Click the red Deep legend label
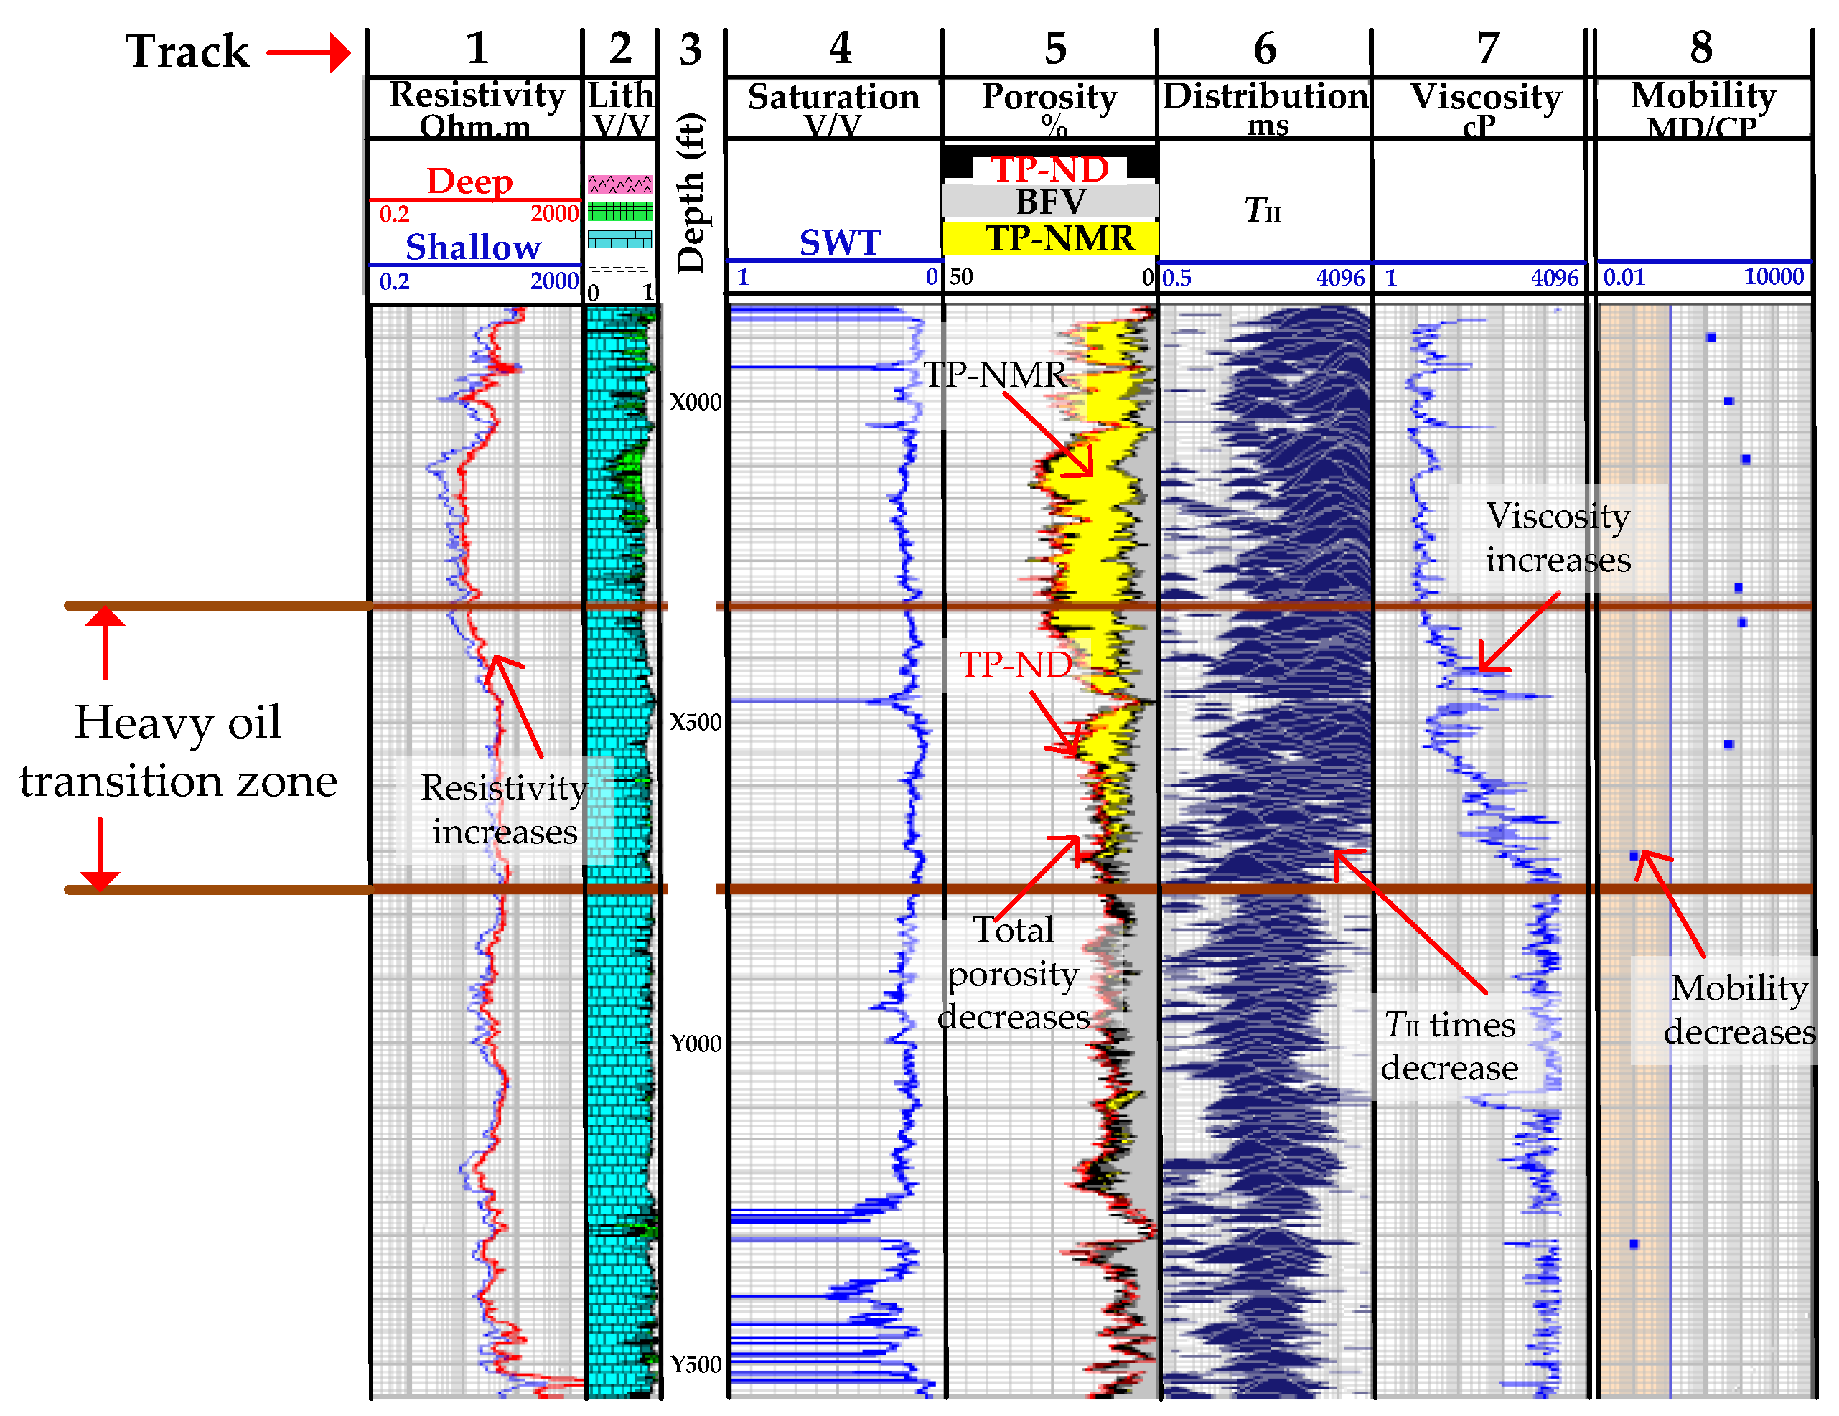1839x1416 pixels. (469, 181)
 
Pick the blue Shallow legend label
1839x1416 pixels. (472, 248)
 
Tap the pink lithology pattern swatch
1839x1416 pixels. (619, 184)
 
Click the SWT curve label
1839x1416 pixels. (840, 243)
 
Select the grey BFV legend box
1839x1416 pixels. (1050, 203)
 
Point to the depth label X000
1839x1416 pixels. (696, 403)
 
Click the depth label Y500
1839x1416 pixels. (696, 1364)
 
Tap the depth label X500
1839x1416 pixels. (696, 722)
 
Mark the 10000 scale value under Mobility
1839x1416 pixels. (1773, 277)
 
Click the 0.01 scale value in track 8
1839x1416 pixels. (1624, 277)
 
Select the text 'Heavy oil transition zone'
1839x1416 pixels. (178, 751)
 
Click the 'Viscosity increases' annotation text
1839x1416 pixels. (1558, 537)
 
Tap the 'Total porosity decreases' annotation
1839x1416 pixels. (1014, 973)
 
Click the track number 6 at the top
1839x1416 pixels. (1265, 49)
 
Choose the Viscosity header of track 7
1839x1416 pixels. (1485, 97)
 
